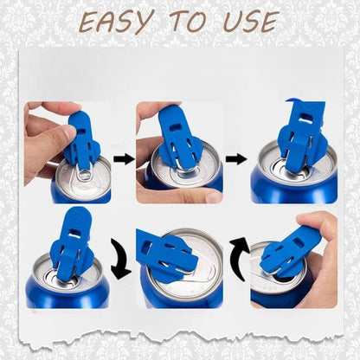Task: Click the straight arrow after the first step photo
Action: coord(123,158)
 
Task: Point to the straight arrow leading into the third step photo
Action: coord(236,158)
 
